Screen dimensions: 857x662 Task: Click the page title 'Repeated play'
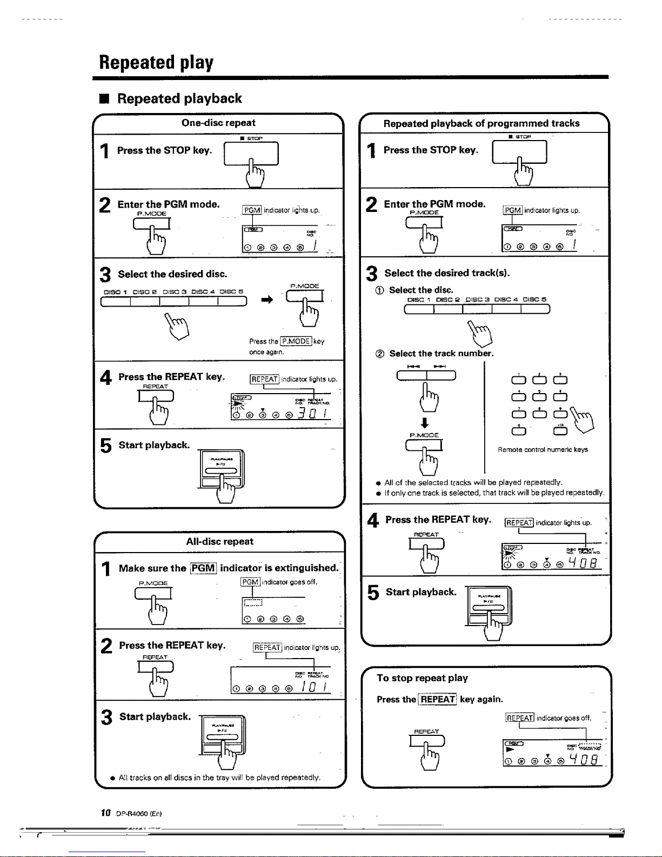click(156, 63)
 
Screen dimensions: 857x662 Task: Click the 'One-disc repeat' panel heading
click(218, 123)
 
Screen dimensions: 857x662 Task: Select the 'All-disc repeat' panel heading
click(219, 541)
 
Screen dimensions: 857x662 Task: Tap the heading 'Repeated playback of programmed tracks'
click(481, 123)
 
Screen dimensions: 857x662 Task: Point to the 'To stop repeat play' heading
click(422, 678)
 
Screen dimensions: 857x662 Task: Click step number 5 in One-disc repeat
click(106, 446)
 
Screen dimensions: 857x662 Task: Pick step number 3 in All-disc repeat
click(106, 718)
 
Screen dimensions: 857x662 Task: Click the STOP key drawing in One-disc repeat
click(251, 154)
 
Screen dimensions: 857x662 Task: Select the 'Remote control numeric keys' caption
click(543, 450)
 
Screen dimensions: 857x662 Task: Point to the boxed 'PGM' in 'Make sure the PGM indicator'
click(203, 568)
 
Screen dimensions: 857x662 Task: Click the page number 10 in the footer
click(106, 813)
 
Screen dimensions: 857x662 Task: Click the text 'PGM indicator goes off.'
click(279, 582)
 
